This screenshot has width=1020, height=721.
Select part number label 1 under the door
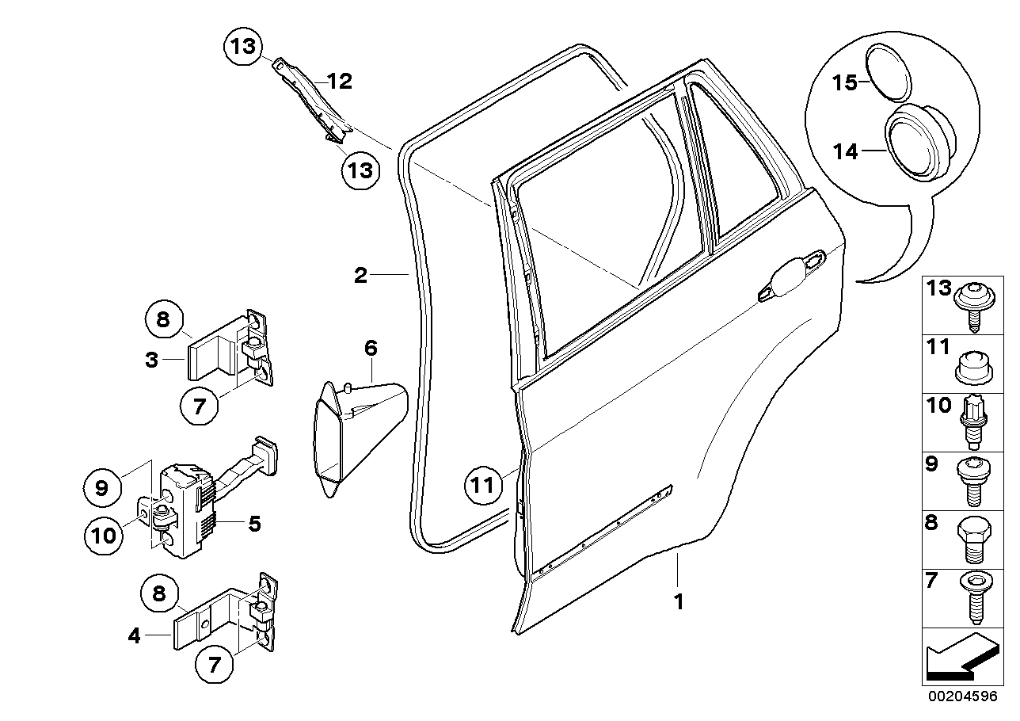[x=678, y=602]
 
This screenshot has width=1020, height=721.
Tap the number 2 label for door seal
[x=360, y=276]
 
